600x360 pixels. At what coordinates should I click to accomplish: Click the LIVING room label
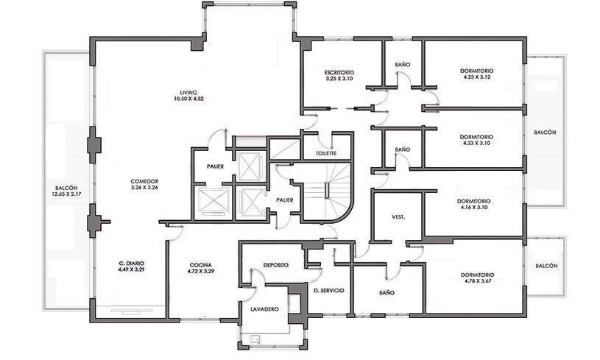click(188, 93)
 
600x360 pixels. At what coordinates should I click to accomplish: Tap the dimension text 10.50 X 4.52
click(188, 99)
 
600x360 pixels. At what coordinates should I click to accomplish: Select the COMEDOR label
click(144, 181)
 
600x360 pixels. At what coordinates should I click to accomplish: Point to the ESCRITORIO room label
click(339, 72)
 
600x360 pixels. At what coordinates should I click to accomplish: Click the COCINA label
click(200, 265)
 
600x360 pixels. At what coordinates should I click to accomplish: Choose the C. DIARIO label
click(131, 264)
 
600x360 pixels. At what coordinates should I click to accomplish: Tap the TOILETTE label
click(326, 153)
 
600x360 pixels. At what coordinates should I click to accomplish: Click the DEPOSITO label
click(276, 265)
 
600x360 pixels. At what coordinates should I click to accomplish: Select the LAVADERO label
click(264, 309)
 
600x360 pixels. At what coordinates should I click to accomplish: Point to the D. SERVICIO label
click(328, 290)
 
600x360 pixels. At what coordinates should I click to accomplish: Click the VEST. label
click(398, 217)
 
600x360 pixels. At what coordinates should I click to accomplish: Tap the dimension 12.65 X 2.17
click(66, 194)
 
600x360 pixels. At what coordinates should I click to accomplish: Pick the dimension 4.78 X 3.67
click(477, 280)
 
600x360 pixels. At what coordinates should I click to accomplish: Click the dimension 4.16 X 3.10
click(473, 208)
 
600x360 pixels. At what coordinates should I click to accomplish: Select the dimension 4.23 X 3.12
click(476, 77)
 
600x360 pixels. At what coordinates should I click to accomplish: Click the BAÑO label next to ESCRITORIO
click(402, 65)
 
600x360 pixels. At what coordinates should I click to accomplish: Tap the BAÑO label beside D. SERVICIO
click(387, 293)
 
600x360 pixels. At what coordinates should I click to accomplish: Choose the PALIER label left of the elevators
click(215, 166)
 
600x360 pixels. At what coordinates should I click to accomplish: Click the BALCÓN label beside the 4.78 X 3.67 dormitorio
click(546, 266)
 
